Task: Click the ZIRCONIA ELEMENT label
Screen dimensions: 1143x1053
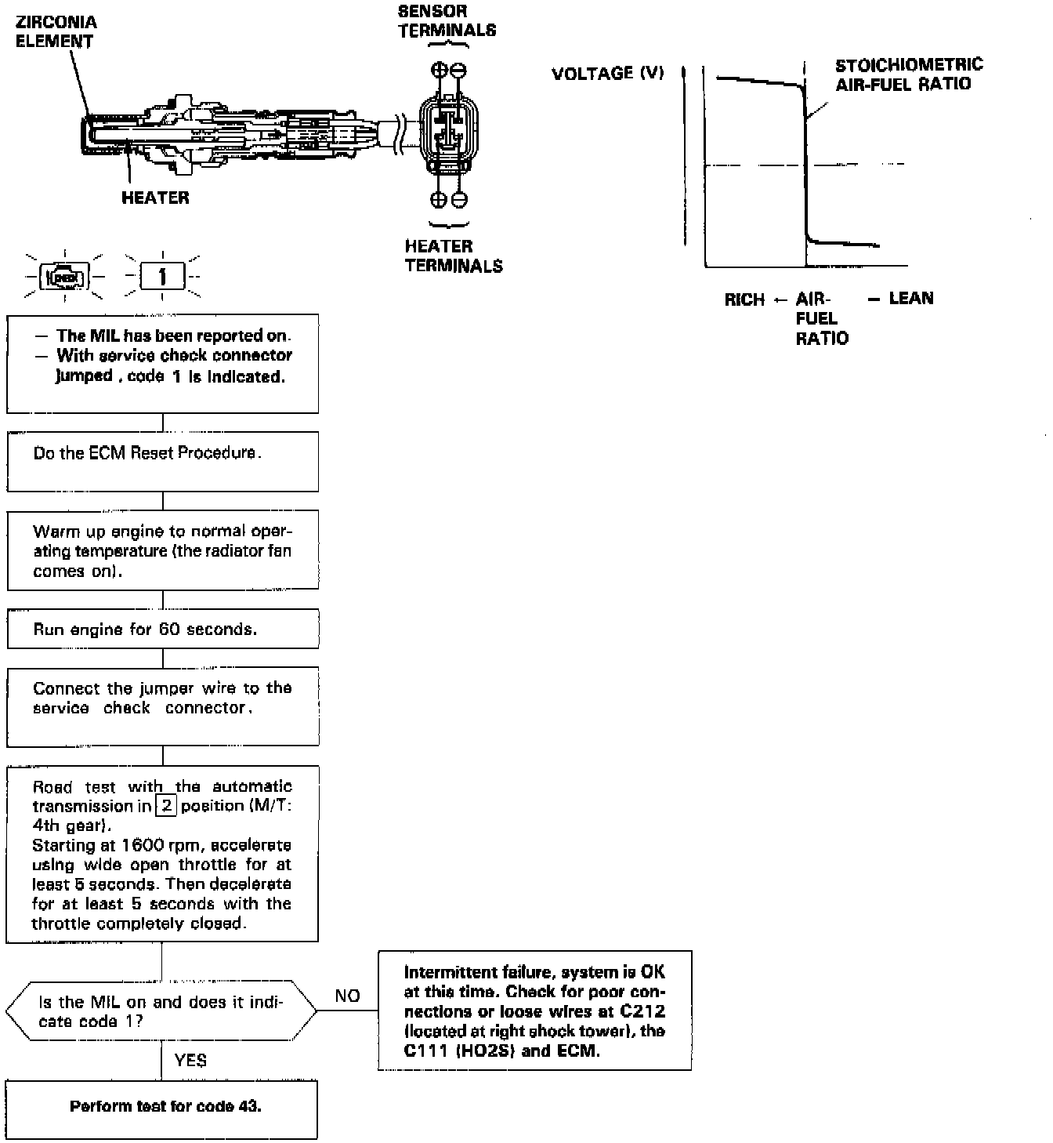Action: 56,31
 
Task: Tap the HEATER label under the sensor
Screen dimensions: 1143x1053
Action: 155,198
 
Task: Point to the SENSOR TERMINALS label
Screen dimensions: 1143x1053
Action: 447,21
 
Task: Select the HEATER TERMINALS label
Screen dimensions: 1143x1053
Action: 454,256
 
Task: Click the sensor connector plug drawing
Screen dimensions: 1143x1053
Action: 447,133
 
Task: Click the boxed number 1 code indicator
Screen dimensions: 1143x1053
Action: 162,277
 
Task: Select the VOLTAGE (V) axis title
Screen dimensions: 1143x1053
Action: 607,74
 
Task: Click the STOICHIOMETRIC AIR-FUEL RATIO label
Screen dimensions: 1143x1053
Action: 908,74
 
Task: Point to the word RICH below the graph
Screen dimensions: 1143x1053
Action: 744,299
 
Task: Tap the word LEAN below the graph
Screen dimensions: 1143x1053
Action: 911,298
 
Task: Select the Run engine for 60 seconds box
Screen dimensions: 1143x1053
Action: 163,630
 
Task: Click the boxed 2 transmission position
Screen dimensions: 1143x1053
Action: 166,806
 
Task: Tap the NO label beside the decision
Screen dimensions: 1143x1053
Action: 347,996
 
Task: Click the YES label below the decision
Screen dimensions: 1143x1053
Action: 190,1061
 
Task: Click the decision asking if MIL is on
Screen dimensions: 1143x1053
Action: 161,1011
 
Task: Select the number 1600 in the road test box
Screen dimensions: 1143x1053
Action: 142,845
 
